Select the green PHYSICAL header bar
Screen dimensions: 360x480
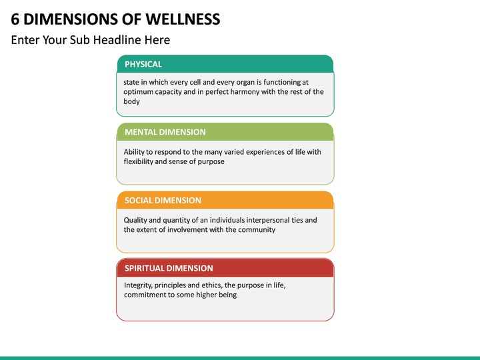click(225, 64)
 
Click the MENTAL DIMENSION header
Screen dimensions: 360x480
click(225, 132)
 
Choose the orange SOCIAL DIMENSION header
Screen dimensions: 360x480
click(225, 200)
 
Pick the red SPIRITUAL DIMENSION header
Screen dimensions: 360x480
click(225, 268)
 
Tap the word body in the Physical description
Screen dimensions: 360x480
click(131, 101)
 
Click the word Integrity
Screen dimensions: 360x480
click(138, 285)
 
